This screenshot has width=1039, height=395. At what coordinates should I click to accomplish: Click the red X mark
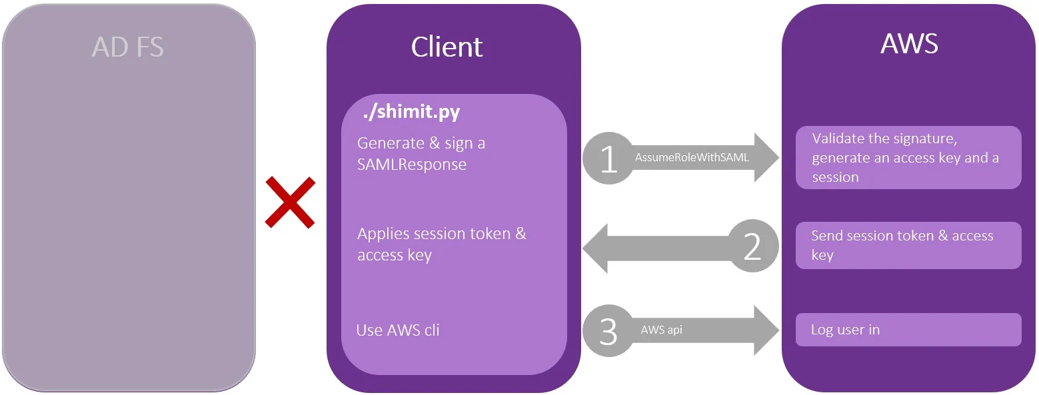(x=290, y=202)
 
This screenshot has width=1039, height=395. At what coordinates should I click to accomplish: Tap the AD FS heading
(x=127, y=47)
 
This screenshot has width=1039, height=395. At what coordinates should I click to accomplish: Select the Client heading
(x=447, y=47)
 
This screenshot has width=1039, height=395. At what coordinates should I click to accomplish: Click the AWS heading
(x=908, y=43)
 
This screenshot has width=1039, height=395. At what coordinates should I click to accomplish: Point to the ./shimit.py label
(x=411, y=113)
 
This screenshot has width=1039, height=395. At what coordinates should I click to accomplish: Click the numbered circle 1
(x=608, y=159)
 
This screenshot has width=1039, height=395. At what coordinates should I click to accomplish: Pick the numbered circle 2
(x=752, y=247)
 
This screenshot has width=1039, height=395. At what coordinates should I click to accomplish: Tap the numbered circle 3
(x=608, y=331)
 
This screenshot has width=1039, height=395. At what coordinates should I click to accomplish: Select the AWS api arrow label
(x=661, y=330)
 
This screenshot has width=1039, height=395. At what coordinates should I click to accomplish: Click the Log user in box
(x=908, y=330)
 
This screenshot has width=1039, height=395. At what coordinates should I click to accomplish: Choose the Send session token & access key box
(x=908, y=245)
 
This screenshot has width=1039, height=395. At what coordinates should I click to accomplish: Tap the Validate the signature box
(x=908, y=158)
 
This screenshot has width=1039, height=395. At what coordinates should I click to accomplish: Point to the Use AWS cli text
(x=398, y=330)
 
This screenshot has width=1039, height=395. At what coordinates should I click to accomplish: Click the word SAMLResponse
(x=412, y=164)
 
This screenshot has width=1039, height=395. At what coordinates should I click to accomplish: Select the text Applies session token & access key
(x=441, y=244)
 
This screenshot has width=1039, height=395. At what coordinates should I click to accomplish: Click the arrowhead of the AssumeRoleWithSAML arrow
(x=766, y=158)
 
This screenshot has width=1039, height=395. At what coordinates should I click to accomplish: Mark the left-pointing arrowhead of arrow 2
(x=596, y=248)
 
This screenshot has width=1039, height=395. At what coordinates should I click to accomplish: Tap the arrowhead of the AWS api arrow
(x=766, y=330)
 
